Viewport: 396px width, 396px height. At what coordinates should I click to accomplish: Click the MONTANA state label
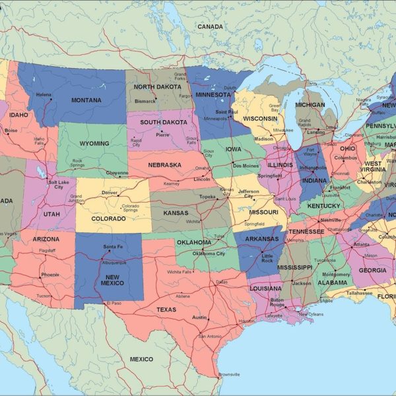[86, 100]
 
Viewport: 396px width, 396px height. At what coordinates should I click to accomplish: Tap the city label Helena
[44, 95]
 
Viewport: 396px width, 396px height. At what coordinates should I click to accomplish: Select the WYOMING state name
[94, 143]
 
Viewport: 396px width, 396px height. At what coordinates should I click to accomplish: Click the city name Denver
[110, 193]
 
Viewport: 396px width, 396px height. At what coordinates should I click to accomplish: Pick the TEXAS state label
[166, 309]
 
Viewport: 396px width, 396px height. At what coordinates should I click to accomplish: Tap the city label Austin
[199, 317]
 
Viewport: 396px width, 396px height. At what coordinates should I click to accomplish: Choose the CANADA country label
[210, 26]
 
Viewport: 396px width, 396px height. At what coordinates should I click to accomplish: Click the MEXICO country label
[141, 359]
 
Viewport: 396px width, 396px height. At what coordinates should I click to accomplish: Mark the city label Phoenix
[50, 275]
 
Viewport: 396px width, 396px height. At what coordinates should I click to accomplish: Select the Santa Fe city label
[113, 247]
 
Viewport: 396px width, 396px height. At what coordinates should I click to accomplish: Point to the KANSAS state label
[175, 213]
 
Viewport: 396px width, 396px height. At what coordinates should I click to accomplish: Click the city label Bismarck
[145, 102]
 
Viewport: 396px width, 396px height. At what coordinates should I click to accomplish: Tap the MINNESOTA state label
[213, 94]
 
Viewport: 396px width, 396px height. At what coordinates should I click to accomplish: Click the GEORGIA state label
[373, 270]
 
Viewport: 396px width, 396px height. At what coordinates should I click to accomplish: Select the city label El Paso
[114, 302]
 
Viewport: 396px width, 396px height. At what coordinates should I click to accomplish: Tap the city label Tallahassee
[360, 292]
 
